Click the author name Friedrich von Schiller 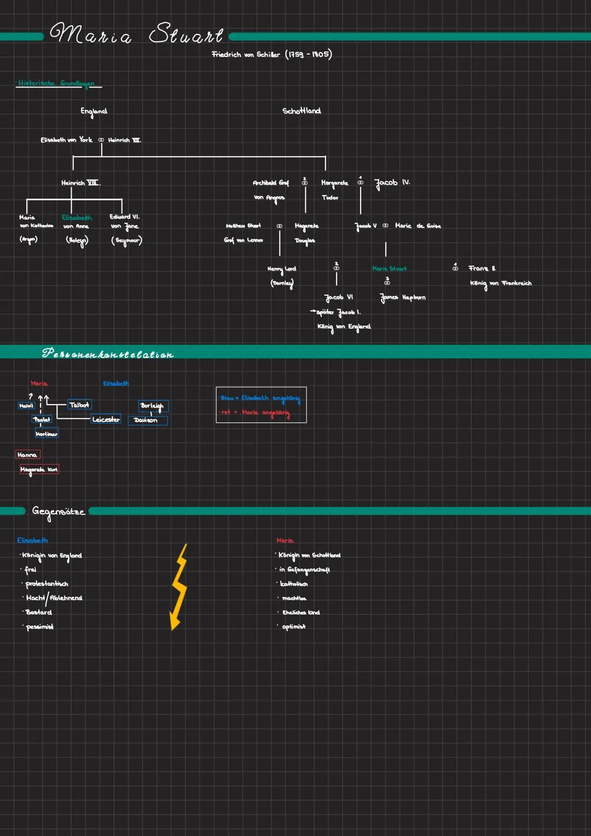246,55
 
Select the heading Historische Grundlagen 56,84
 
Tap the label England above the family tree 94,112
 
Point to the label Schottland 302,111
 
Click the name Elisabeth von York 66,140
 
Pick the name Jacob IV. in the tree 392,183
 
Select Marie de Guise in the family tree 418,226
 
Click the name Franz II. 482,268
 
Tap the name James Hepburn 403,298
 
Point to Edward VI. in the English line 124,217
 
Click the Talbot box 79,405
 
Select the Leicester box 106,419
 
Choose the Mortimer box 47,434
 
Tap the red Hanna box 27,455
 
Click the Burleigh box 152,406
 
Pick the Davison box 146,420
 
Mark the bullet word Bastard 38,613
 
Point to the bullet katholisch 294,584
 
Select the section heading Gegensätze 59,512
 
